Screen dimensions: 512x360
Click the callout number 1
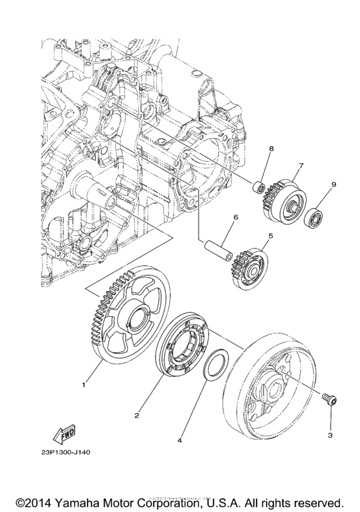[84, 385]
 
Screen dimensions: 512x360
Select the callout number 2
[137, 416]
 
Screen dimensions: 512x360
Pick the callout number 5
[271, 236]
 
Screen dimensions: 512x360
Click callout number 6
[236, 218]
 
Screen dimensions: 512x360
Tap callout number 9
[334, 185]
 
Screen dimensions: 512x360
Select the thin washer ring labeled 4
[214, 364]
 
